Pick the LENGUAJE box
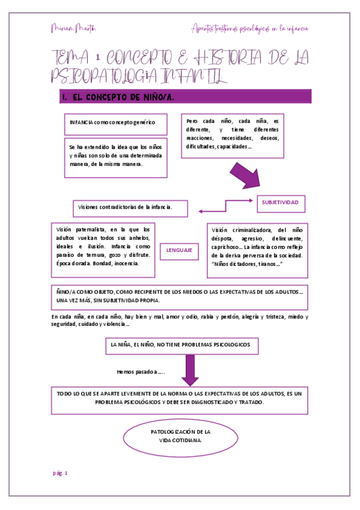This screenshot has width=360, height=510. click(179, 250)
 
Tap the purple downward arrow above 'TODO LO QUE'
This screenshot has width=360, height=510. click(191, 370)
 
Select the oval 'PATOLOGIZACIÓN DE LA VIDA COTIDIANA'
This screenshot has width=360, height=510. click(180, 436)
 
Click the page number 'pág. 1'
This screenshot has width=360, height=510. click(59, 473)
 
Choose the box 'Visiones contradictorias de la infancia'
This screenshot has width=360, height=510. click(130, 207)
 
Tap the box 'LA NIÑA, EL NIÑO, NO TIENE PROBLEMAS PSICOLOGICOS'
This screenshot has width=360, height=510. click(185, 346)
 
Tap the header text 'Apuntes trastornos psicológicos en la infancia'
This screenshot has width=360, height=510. click(249, 28)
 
